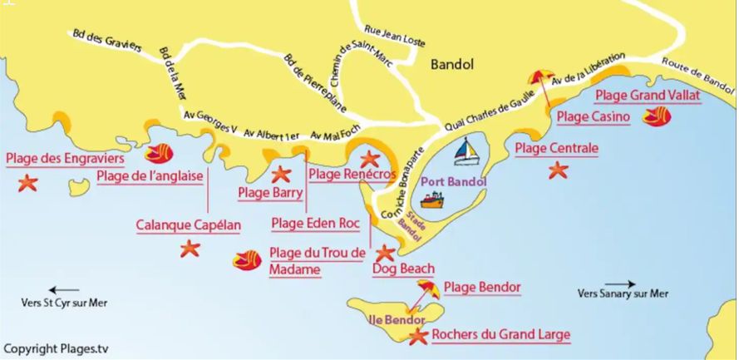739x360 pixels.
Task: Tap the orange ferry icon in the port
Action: [433, 200]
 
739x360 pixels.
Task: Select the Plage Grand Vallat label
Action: [648, 96]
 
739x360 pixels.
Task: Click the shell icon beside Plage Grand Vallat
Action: [657, 116]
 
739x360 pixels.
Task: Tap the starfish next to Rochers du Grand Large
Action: [416, 336]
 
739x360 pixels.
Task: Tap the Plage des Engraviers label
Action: [65, 158]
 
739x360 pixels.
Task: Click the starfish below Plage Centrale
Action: [557, 170]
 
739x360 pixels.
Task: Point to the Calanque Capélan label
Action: [189, 225]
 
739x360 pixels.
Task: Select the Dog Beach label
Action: [403, 269]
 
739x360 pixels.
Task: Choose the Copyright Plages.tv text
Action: [56, 348]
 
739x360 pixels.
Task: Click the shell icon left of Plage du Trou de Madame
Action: [247, 260]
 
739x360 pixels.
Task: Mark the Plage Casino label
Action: [593, 117]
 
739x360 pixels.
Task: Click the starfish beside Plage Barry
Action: [281, 174]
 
